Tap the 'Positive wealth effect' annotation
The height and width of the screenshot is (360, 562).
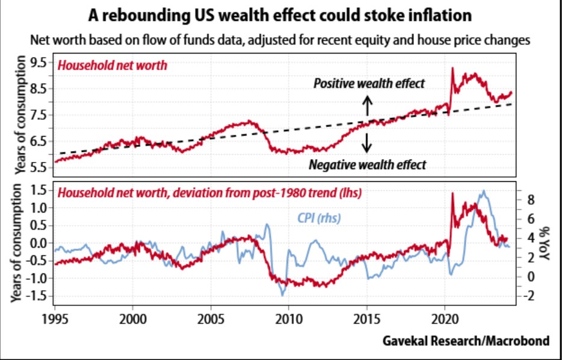click(369, 84)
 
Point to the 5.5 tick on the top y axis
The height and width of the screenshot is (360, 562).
click(39, 167)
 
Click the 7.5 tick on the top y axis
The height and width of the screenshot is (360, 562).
click(39, 115)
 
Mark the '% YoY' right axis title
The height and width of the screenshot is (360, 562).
click(546, 243)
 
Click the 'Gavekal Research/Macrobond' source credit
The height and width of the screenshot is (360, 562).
click(466, 341)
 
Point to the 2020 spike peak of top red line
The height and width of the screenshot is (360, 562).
click(452, 68)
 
